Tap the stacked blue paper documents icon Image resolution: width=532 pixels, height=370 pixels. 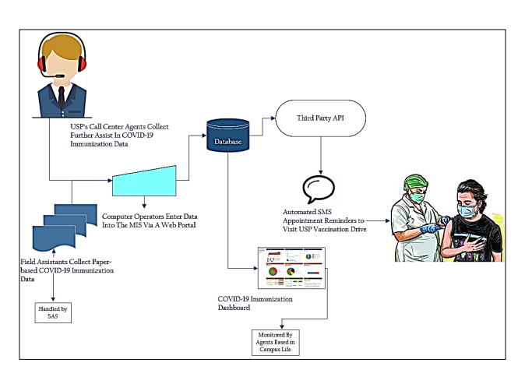coord(54,225)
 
